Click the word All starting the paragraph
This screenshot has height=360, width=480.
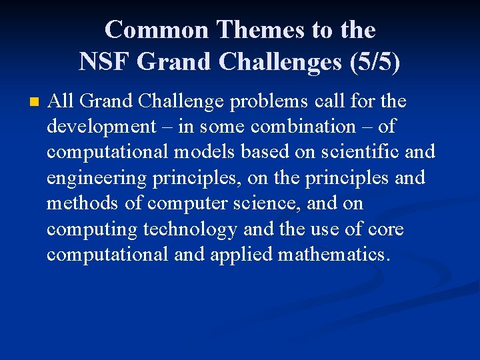pyautogui.click(x=61, y=101)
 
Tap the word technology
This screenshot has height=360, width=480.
pyautogui.click(x=190, y=229)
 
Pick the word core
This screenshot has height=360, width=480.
pyautogui.click(x=384, y=229)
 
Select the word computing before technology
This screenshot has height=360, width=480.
pyautogui.click(x=92, y=229)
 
